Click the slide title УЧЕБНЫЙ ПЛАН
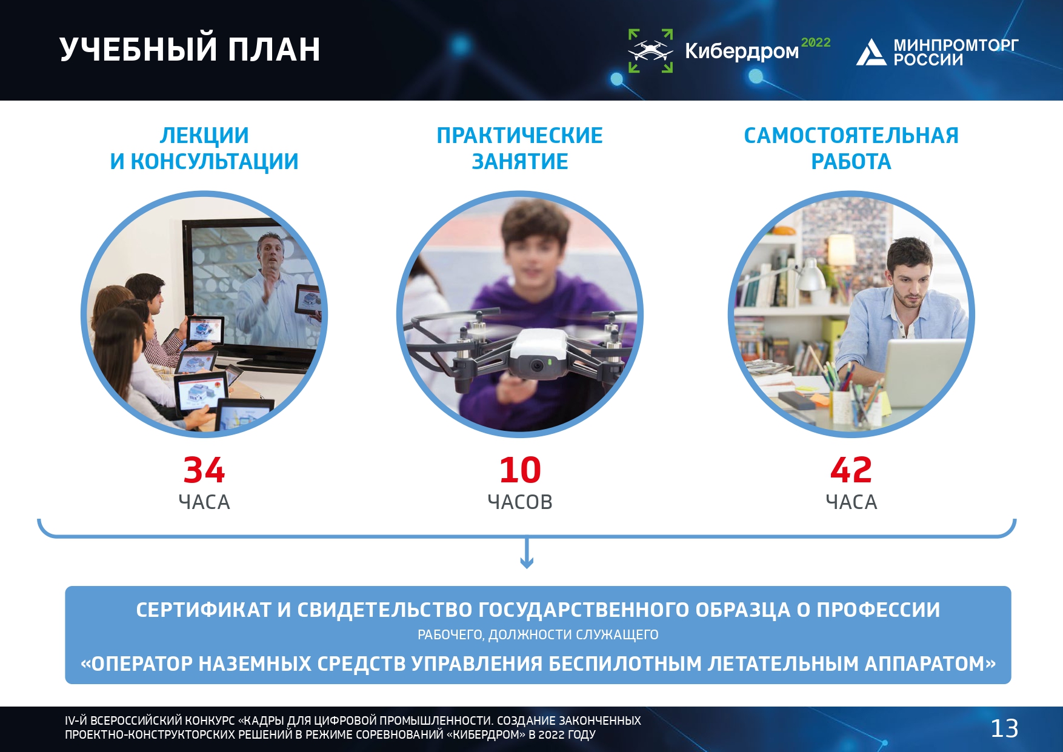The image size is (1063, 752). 190,49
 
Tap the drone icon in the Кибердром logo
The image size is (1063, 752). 650,51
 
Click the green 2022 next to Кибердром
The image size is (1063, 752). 816,42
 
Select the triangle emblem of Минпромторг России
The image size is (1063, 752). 871,52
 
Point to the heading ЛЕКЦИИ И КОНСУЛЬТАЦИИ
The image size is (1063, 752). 204,148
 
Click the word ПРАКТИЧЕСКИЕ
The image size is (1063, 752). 520,136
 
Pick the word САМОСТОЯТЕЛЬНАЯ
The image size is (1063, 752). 851,136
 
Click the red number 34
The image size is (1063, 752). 204,470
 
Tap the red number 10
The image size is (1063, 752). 520,470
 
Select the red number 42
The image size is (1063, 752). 851,470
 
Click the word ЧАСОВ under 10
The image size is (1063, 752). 520,502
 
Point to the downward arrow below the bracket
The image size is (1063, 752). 527,553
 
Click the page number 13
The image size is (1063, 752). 1004,728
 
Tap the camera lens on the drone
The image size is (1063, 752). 536,365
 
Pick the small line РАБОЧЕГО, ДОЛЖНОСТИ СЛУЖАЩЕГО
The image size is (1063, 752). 538,635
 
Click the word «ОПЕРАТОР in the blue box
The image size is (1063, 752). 136,664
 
